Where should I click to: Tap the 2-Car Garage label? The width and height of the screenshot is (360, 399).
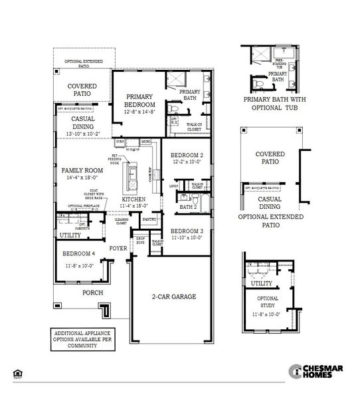tap(174, 297)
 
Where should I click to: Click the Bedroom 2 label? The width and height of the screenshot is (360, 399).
tap(187, 154)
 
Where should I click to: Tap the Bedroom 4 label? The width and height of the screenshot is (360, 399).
tap(80, 254)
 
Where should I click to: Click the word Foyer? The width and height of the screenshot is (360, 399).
tap(118, 248)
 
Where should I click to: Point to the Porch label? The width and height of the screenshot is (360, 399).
tap(92, 292)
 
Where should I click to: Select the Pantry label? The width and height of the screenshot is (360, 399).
tap(149, 218)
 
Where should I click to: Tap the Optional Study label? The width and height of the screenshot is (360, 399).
tap(268, 303)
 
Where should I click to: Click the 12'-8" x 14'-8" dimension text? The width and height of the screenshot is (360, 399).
tap(139, 112)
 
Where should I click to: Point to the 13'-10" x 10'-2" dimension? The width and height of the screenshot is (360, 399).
tap(83, 134)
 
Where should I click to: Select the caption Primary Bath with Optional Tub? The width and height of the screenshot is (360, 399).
tap(275, 104)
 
